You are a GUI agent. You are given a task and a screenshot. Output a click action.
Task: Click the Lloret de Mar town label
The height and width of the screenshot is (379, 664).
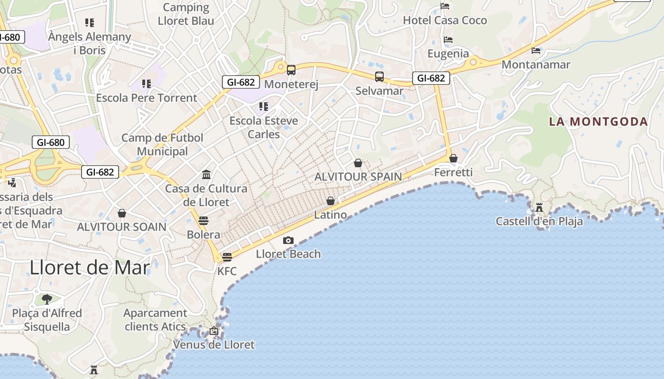90,268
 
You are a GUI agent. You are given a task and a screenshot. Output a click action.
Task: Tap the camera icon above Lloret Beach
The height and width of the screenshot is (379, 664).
288,241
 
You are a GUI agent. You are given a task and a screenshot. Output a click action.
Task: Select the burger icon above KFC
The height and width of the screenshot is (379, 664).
227,257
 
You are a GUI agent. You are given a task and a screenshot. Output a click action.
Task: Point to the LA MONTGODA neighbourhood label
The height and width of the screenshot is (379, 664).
599,122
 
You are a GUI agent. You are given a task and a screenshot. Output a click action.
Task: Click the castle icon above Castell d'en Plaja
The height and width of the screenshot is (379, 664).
539,208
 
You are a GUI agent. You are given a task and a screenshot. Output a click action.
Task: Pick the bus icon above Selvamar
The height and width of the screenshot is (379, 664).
379,77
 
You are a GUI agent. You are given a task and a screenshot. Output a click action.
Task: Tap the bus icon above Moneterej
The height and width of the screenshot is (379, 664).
291,70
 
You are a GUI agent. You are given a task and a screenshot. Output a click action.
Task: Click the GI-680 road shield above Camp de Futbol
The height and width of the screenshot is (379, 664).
51,142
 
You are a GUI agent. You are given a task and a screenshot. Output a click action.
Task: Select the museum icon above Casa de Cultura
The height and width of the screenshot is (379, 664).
206,175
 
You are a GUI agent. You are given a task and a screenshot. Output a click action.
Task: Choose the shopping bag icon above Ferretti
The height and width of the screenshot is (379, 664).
453,158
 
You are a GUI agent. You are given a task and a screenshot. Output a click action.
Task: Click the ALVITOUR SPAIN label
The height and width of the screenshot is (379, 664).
358,177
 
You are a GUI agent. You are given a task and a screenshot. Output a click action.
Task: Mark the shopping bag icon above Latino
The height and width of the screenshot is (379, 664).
331,201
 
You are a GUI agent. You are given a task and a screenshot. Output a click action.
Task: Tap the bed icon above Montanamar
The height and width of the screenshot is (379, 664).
536,50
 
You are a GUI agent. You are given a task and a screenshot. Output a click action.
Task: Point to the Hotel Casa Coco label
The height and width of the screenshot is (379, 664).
445,20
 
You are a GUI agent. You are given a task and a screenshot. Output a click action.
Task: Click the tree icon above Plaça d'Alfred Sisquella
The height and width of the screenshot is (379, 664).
46,299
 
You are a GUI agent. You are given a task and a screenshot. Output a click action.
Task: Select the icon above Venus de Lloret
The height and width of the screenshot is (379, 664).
214,331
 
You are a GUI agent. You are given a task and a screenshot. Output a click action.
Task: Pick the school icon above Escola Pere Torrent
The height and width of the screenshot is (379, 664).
146,84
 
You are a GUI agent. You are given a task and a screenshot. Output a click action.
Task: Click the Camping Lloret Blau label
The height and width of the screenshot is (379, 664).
186,14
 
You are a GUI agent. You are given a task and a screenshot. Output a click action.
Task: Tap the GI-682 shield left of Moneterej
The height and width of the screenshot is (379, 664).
241,82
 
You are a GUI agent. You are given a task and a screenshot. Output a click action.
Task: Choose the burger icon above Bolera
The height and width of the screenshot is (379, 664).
203,221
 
